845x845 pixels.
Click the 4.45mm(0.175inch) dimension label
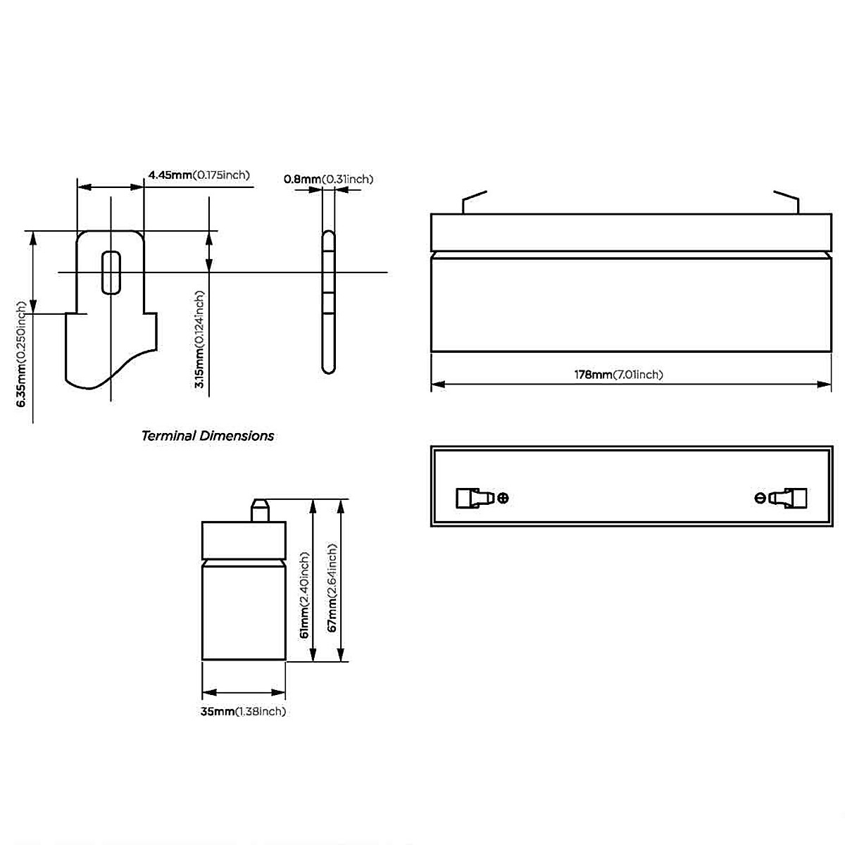click(x=199, y=175)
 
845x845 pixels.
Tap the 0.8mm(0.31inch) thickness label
click(x=328, y=179)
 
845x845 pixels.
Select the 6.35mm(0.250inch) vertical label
click(x=22, y=353)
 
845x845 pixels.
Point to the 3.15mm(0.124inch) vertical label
click(x=199, y=339)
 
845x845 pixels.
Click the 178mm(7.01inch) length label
click(x=619, y=375)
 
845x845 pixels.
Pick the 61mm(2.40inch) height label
click(x=304, y=595)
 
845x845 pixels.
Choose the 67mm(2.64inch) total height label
click(x=332, y=587)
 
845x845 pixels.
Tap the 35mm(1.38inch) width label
click(x=243, y=711)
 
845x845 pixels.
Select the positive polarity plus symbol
click(x=503, y=498)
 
